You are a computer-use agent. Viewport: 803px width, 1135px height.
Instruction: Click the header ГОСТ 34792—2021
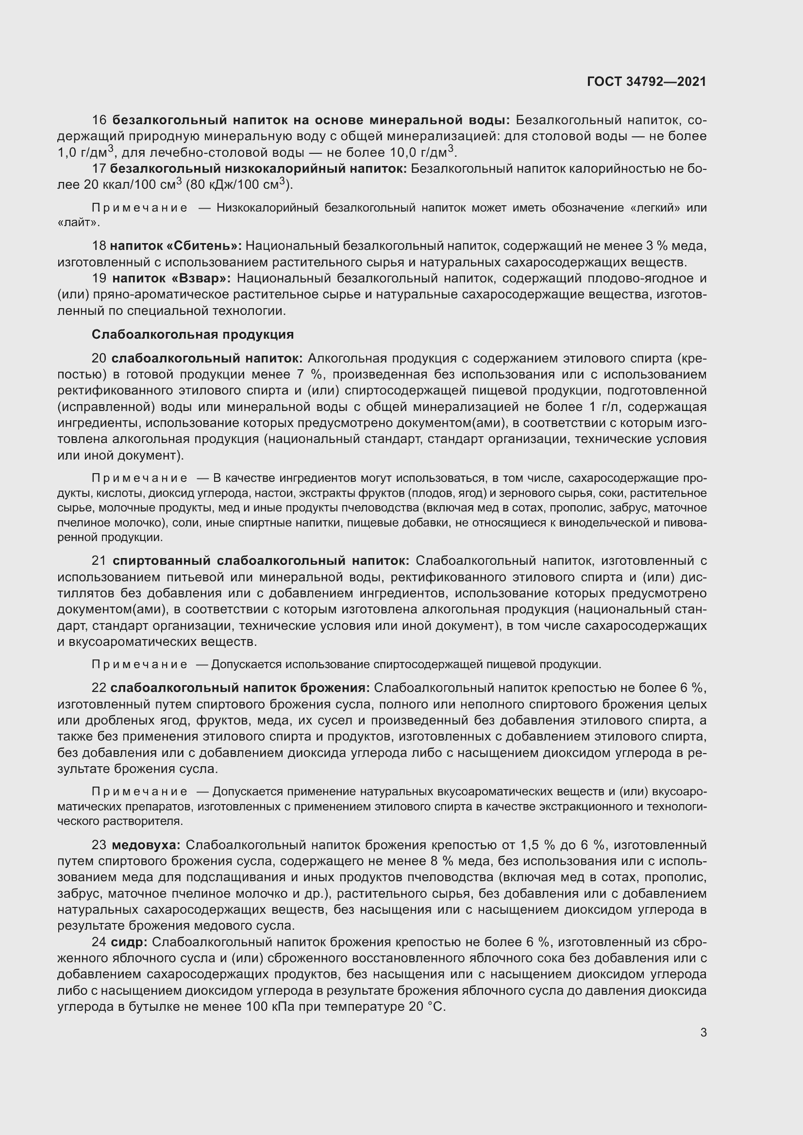(646, 82)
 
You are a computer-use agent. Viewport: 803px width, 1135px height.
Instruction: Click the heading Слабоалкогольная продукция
(192, 335)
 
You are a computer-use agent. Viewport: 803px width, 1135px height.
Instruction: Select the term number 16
(100, 120)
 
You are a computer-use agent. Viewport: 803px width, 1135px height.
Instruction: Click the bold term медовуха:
(146, 845)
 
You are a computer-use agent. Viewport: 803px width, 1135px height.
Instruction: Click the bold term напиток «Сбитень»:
(176, 246)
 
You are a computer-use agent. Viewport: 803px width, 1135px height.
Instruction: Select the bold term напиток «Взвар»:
(171, 279)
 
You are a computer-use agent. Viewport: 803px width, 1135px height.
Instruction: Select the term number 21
(99, 561)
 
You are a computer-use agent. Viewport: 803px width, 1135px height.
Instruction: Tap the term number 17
(99, 169)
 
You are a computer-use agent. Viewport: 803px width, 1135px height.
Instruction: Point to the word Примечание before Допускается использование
(139, 665)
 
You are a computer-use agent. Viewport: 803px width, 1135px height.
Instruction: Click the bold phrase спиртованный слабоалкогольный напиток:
(261, 561)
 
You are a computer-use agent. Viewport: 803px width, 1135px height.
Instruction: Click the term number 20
(99, 358)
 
